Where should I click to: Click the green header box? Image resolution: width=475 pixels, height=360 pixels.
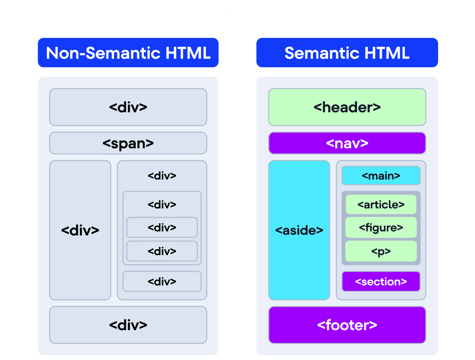[x=347, y=107]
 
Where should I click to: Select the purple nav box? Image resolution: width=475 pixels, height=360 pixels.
[x=347, y=143]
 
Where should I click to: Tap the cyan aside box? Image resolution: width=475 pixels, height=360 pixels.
[x=299, y=230]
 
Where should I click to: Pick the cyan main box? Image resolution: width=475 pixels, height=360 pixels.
[x=381, y=176]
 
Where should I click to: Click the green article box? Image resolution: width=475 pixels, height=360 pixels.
[x=381, y=204]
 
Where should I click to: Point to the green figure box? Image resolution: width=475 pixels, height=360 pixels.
[x=381, y=228]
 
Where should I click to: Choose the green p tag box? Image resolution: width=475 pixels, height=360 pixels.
[x=381, y=251]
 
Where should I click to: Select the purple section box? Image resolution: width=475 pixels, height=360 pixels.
[x=381, y=281]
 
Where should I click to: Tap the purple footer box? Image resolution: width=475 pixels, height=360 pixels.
[x=347, y=325]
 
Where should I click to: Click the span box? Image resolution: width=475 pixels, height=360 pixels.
[x=128, y=143]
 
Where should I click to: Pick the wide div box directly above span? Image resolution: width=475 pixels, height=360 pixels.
[x=128, y=107]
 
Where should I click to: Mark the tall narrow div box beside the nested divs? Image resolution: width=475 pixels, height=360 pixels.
[x=80, y=230]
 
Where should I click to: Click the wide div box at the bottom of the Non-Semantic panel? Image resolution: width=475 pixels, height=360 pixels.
[x=128, y=325]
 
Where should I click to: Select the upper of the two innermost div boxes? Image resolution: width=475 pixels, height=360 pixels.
[x=162, y=228]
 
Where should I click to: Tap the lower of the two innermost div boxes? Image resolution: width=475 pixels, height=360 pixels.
[x=162, y=251]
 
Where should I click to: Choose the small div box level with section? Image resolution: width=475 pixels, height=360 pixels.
[x=162, y=281]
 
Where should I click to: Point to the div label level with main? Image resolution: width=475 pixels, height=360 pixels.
[x=162, y=176]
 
